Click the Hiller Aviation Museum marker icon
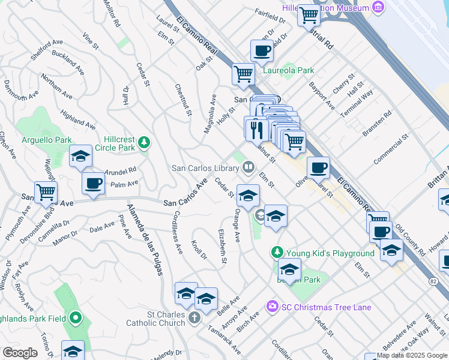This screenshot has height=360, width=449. tap(378, 7)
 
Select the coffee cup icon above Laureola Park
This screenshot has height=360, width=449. tap(262, 52)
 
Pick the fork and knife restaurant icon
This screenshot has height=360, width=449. tap(256, 128)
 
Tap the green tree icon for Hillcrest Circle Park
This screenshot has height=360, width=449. tap(143, 143)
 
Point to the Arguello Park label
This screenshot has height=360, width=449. tap(46, 140)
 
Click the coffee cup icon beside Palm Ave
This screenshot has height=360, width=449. tap(92, 183)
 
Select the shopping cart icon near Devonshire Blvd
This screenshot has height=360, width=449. tap(46, 193)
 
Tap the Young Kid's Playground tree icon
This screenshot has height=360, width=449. tap(277, 253)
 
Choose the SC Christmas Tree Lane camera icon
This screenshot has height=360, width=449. tap(273, 307)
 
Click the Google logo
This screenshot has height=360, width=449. tap(20, 353)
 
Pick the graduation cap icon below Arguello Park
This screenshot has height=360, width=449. tap(80, 157)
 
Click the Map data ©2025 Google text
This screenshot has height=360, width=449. tap(411, 355)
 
